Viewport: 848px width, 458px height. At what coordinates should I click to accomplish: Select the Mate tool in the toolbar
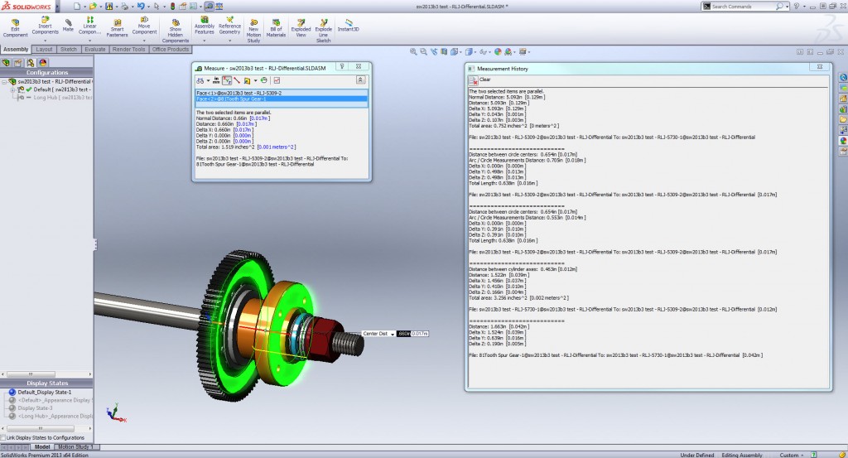pos(68,24)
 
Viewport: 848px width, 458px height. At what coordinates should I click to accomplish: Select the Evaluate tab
pos(94,49)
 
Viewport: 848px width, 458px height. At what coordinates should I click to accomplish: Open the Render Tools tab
pos(128,49)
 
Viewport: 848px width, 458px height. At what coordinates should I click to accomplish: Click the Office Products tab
pos(171,49)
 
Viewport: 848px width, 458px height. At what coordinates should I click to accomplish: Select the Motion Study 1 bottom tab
pos(77,447)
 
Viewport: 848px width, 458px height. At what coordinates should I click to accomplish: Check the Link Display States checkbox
pos(4,437)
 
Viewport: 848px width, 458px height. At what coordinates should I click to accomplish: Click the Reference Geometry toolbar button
pos(229,30)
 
